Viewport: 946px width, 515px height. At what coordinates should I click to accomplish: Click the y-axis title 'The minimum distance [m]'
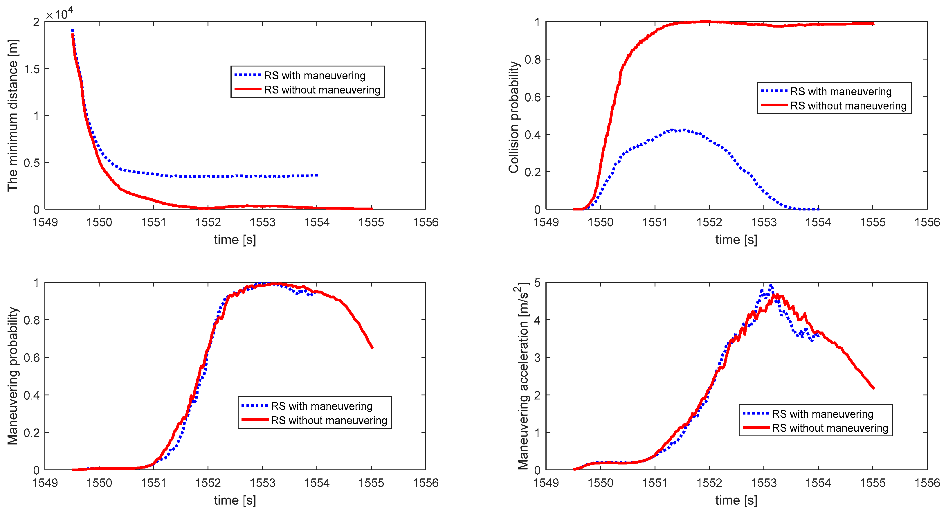pos(13,115)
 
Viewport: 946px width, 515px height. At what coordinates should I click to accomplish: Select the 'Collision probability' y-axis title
pos(514,117)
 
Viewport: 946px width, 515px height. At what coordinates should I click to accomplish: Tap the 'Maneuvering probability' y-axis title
pos(13,376)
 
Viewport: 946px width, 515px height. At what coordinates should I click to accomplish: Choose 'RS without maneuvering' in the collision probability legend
pos(848,106)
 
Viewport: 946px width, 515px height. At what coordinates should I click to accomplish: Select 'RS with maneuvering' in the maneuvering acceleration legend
pos(822,414)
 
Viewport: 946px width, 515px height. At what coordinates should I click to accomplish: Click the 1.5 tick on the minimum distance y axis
pos(32,69)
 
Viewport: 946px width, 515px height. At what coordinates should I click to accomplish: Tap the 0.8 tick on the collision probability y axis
pos(532,60)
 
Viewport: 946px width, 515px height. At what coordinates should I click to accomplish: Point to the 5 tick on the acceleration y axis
pos(537,282)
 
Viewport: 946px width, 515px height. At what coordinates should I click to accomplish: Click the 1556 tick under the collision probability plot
pos(927,222)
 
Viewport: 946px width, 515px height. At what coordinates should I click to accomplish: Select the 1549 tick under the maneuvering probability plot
pos(45,483)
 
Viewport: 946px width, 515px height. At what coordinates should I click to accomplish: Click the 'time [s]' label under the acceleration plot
pos(736,500)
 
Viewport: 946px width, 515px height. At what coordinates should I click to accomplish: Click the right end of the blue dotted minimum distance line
pos(317,175)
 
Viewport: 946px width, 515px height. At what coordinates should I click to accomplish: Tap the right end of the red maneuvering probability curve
pos(372,347)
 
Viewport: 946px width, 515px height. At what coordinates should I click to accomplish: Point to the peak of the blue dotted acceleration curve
pos(771,285)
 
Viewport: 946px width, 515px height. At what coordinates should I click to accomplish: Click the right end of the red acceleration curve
pos(874,388)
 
